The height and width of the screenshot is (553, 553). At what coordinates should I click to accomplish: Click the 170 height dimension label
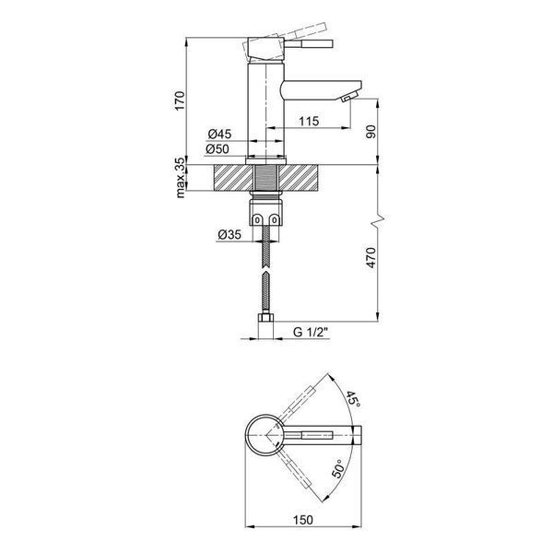tap(180, 100)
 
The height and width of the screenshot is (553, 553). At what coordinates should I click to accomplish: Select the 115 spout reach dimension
tap(309, 121)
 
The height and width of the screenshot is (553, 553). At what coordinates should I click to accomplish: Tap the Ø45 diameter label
tap(219, 134)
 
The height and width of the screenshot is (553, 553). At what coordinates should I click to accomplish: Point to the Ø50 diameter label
tap(218, 149)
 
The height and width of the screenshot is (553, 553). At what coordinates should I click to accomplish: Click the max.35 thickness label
tap(180, 178)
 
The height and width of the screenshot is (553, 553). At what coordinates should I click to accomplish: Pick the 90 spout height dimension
tap(371, 131)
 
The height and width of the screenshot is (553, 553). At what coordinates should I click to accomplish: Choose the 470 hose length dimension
tap(371, 258)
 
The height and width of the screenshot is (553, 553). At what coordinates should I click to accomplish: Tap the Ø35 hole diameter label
tap(229, 234)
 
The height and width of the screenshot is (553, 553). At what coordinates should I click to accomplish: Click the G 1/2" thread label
tap(311, 332)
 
